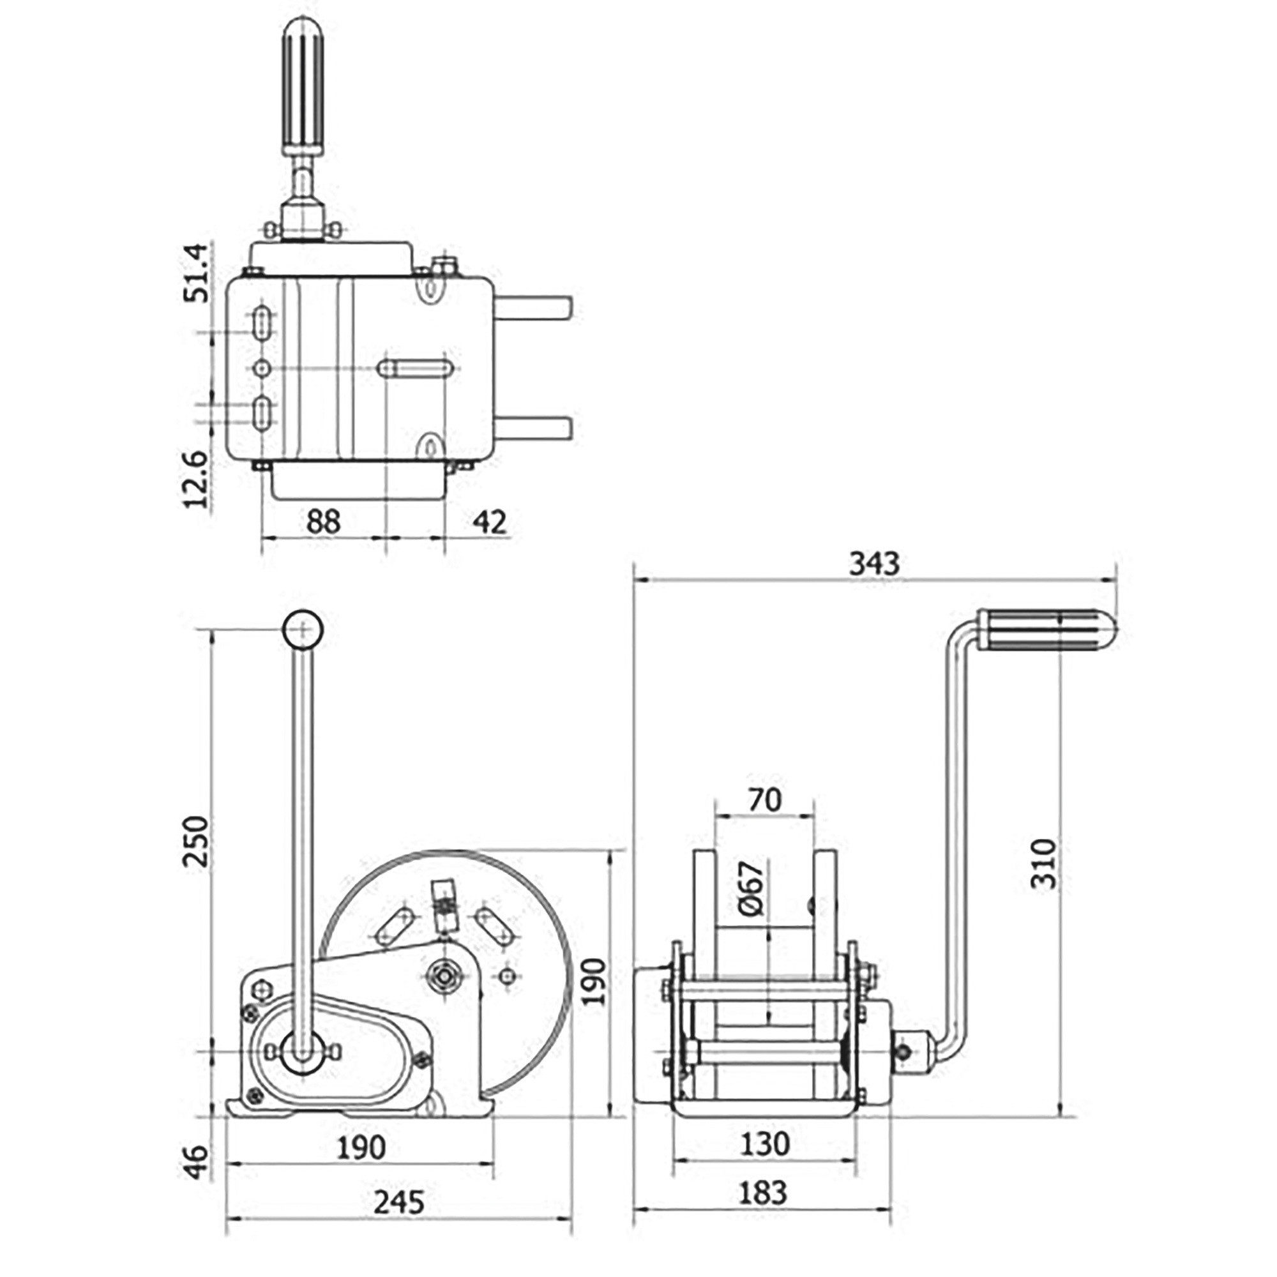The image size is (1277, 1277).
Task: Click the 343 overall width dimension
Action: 874,564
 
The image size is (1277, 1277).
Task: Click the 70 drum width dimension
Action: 764,800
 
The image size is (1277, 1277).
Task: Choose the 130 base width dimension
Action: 764,1144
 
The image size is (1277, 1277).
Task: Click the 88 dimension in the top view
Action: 323,522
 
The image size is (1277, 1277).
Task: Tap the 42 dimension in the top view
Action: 490,522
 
